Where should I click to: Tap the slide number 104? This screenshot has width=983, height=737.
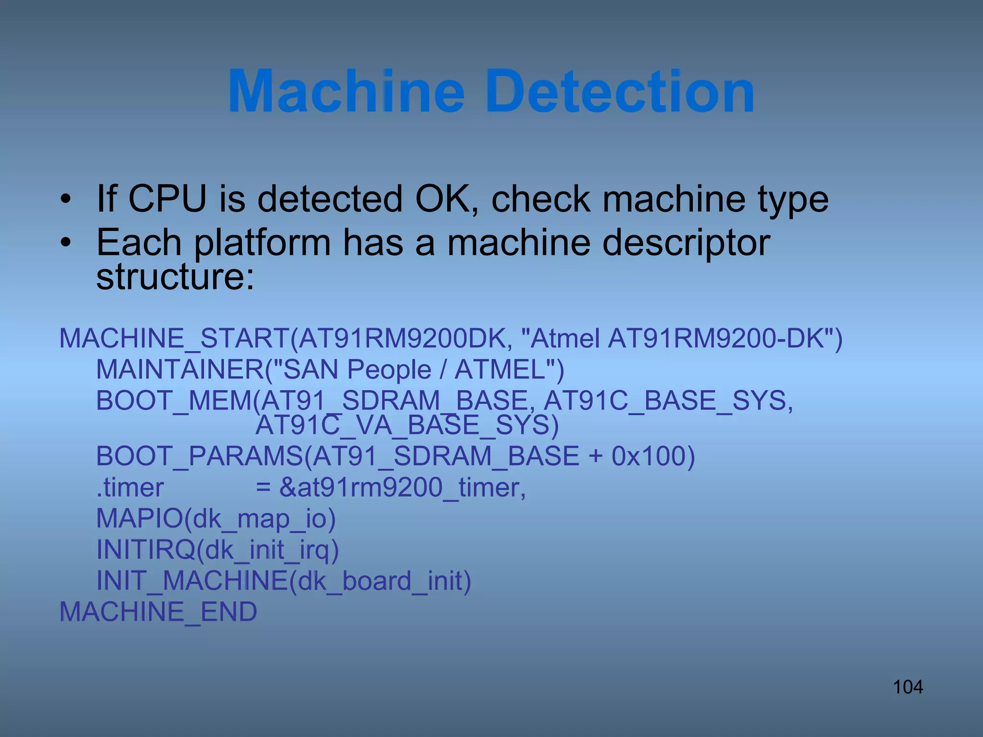(908, 687)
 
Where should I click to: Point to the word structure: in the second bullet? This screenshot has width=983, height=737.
(175, 277)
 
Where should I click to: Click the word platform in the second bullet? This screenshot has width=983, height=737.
(262, 242)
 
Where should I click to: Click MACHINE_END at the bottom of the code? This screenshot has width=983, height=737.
(158, 612)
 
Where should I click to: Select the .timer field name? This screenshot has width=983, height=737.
(130, 487)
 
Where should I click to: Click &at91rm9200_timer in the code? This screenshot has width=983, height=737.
(402, 487)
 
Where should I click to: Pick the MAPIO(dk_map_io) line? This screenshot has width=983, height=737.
(216, 519)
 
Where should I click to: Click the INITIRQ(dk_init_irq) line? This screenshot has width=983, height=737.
(217, 550)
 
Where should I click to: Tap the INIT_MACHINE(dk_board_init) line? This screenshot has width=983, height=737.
(284, 581)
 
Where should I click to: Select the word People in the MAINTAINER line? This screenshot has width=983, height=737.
(389, 369)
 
